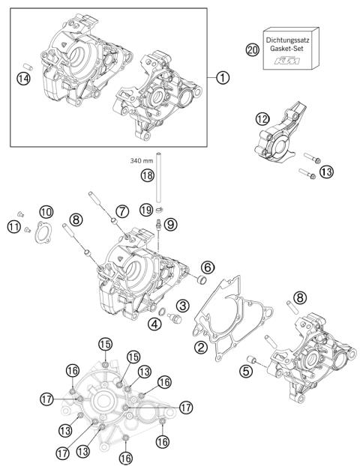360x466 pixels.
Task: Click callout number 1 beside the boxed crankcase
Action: [x=222, y=76]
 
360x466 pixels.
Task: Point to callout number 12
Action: [x=261, y=119]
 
